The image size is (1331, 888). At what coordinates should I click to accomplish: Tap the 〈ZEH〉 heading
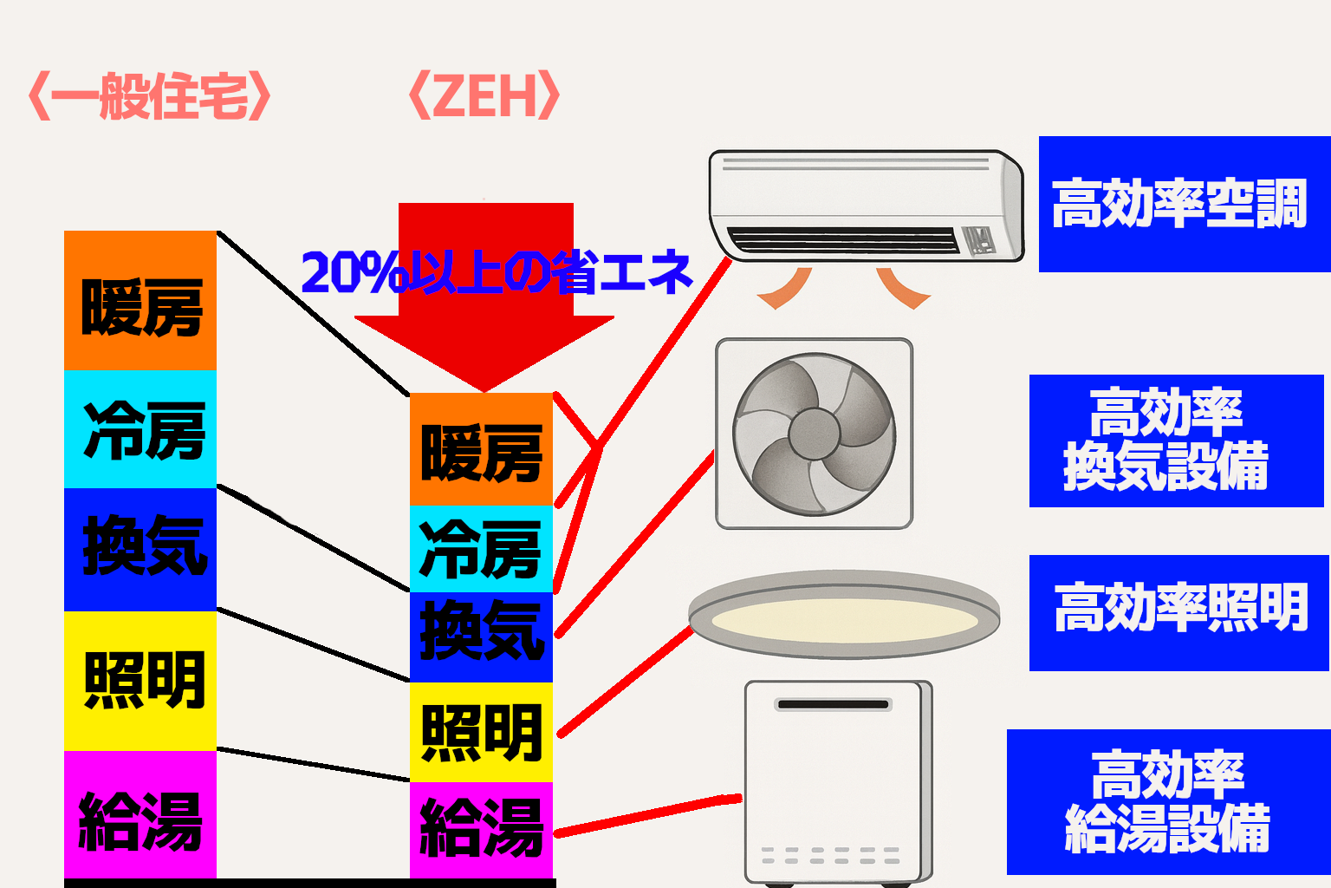coord(484,95)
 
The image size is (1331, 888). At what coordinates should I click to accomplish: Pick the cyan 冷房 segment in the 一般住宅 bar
coord(140,429)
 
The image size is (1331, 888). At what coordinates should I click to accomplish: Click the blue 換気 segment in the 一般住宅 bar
coord(140,548)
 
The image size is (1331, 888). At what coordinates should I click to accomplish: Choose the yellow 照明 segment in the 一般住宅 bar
coord(140,680)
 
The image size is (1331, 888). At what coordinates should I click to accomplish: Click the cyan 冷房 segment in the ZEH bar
coord(481,549)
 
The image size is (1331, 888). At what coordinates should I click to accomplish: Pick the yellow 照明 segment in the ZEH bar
coord(481,733)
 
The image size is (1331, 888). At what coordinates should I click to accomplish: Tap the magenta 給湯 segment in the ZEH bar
coord(481,828)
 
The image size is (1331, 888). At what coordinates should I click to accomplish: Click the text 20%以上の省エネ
coord(497,272)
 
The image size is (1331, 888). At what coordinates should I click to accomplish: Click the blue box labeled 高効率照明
coord(1178,612)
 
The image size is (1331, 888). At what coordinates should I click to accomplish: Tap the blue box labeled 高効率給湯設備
coord(1168,802)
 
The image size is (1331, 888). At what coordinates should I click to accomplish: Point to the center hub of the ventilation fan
coord(814,433)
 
